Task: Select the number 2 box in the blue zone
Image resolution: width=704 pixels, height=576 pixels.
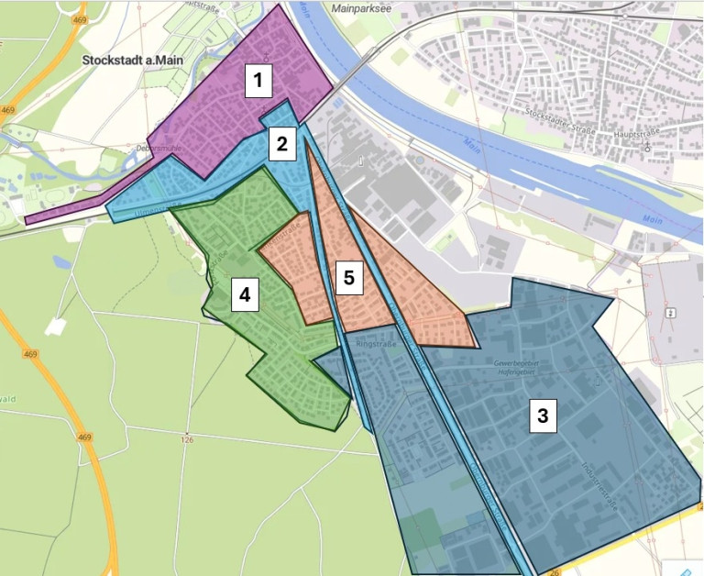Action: pyautogui.click(x=281, y=143)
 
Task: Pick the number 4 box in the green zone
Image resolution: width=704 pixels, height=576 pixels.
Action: pyautogui.click(x=244, y=295)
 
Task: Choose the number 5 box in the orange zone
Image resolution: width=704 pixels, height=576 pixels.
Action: pyautogui.click(x=346, y=277)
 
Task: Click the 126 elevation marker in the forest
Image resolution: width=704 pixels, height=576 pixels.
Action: pyautogui.click(x=189, y=438)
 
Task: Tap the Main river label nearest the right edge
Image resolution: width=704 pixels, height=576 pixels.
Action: pyautogui.click(x=653, y=220)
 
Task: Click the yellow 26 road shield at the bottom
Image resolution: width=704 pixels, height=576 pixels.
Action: pyautogui.click(x=555, y=571)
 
